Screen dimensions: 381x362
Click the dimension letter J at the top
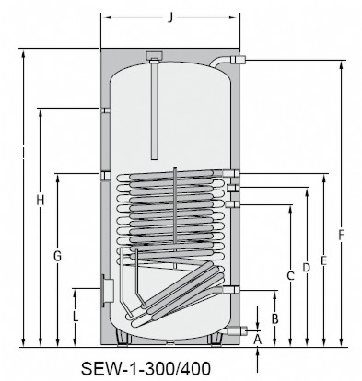[x=172, y=16]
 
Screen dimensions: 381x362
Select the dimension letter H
[x=40, y=201]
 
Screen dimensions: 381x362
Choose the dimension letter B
[x=274, y=317]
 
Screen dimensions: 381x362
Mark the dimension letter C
[x=290, y=275]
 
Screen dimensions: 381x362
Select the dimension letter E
[x=323, y=260]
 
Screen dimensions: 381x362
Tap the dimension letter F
[x=341, y=235]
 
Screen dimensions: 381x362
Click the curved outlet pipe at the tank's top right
[x=225, y=62]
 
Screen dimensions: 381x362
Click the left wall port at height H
[x=106, y=110]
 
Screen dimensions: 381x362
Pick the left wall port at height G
[x=106, y=174]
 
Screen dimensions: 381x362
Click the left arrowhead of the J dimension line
[x=103, y=17]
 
